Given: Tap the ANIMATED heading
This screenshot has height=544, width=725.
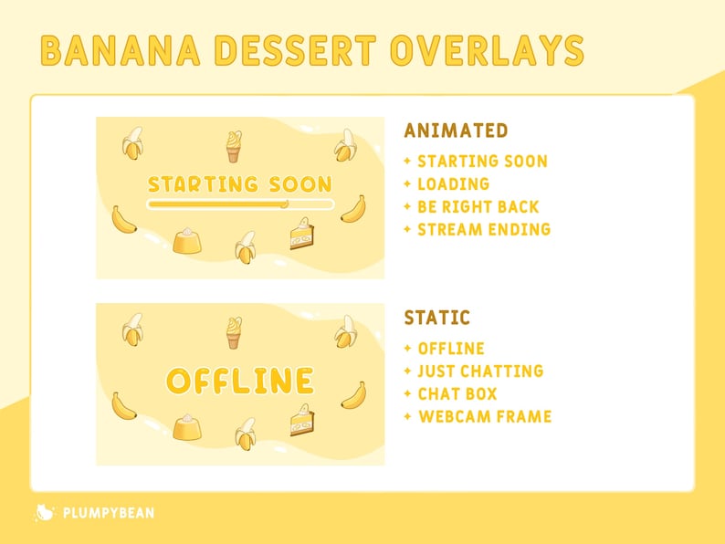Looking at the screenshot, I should click(456, 131).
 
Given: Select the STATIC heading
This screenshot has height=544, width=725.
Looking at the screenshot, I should click(437, 318).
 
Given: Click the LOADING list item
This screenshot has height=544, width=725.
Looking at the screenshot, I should click(453, 183).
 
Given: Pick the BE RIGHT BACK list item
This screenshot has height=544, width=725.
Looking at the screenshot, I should click(478, 206).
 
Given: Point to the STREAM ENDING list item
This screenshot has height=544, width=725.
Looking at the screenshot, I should click(484, 229).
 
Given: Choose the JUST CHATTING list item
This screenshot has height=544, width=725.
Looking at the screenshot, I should click(480, 371).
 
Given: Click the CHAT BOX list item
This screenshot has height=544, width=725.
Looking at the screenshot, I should click(457, 393).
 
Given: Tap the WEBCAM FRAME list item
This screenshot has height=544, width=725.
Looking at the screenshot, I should click(485, 416).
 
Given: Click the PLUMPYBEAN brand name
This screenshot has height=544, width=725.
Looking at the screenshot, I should click(108, 513).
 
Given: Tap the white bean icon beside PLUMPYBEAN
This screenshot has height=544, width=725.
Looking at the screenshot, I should click(43, 513).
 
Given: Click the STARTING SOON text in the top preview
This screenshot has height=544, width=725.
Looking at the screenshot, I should click(239, 183).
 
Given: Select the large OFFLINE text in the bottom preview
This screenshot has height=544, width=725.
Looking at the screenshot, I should click(240, 381).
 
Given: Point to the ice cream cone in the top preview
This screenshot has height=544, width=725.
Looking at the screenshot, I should click(235, 145).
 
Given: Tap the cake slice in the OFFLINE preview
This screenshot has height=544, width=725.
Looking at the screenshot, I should click(301, 419).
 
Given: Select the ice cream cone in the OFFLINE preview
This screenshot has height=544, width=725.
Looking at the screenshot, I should click(235, 332).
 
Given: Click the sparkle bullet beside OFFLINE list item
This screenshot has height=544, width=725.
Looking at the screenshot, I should click(407, 349).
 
